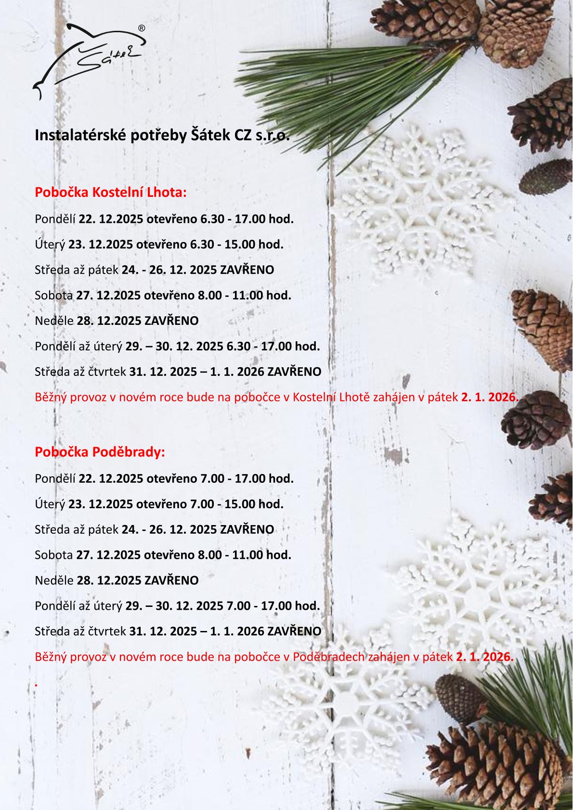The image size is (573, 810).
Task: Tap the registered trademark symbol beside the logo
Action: click(x=142, y=28)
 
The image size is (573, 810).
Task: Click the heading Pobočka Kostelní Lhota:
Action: click(x=110, y=193)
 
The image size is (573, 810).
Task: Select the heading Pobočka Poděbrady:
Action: click(x=100, y=452)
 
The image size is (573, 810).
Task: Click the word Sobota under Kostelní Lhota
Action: click(x=53, y=296)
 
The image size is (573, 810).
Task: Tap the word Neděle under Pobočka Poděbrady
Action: click(x=54, y=580)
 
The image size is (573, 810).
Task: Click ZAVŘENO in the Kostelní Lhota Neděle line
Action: click(x=171, y=321)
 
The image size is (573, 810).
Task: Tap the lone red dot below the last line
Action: click(x=36, y=684)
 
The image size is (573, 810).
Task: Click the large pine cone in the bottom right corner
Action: click(x=496, y=765)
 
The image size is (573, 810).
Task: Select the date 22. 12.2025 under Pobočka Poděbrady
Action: click(x=111, y=479)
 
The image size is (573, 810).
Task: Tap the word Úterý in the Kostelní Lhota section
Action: click(x=50, y=244)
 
